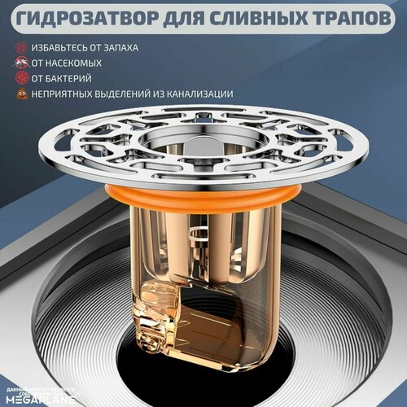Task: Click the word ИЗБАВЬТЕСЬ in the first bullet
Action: tap(65, 48)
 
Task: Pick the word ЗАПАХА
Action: tap(138, 48)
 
